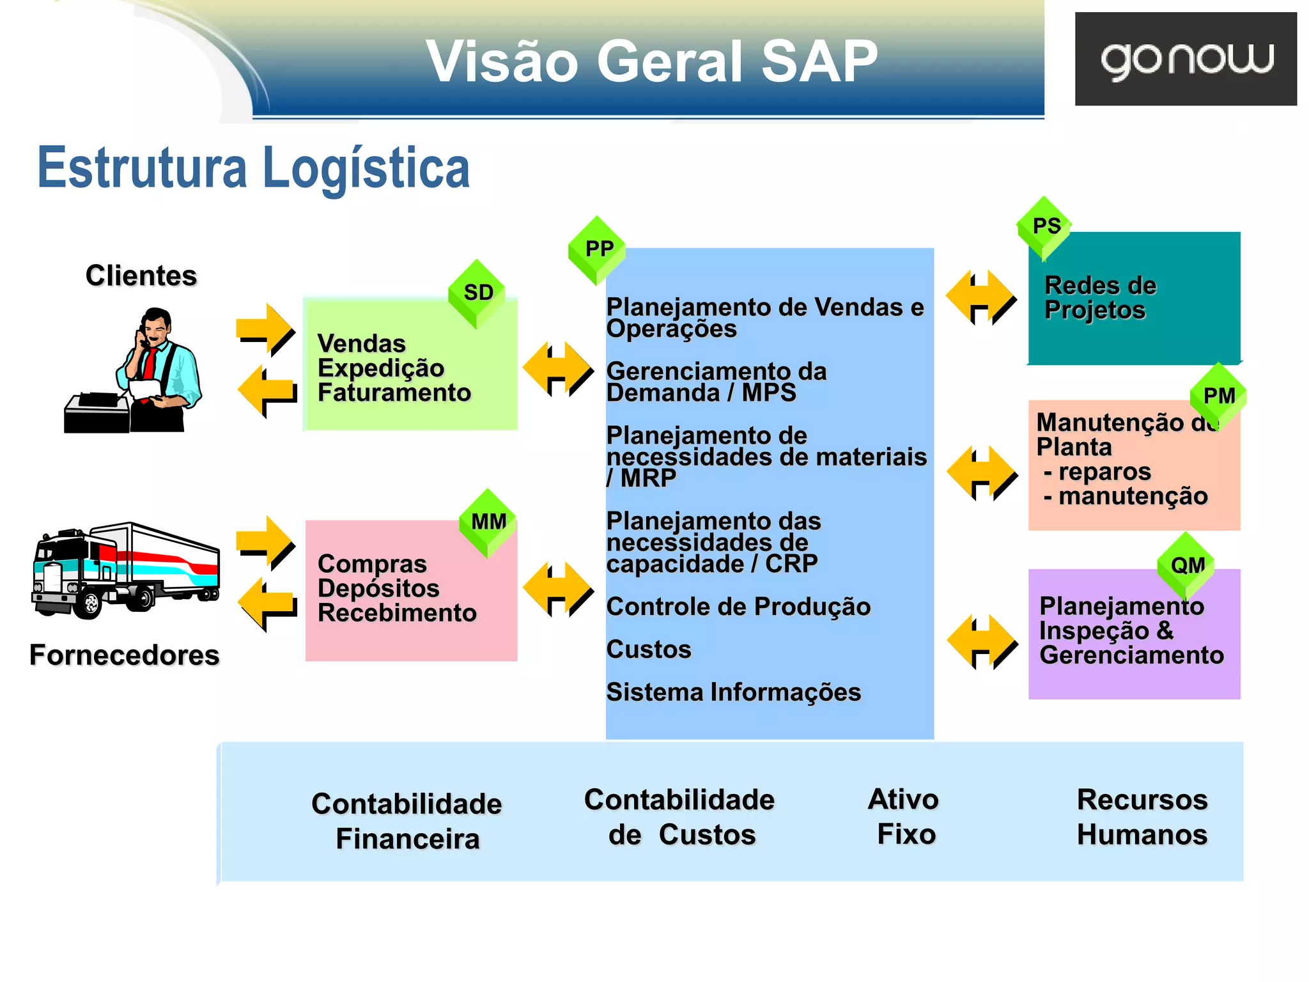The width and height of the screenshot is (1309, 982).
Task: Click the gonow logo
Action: [1186, 59]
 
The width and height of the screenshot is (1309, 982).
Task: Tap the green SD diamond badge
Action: [477, 293]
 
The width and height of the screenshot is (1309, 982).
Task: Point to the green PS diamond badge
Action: [1046, 226]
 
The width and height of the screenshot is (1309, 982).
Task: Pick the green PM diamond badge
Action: [1218, 396]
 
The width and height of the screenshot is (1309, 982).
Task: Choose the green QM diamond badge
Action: [1187, 565]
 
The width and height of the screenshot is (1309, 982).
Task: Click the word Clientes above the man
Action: [141, 276]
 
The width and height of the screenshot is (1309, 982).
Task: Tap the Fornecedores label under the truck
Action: [125, 655]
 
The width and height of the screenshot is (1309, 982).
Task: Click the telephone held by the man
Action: [142, 336]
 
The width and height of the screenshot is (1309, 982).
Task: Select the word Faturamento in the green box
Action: [394, 393]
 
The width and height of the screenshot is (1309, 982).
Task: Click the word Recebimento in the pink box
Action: [397, 613]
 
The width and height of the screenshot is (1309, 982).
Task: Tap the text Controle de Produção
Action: [738, 607]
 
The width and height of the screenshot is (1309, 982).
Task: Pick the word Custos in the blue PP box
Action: [649, 650]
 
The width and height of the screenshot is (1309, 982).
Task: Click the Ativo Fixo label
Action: [904, 816]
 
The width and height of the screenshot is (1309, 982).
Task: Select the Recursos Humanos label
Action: [1142, 817]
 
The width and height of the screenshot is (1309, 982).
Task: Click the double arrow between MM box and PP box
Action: [558, 589]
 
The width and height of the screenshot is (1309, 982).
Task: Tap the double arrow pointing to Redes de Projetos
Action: [981, 297]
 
